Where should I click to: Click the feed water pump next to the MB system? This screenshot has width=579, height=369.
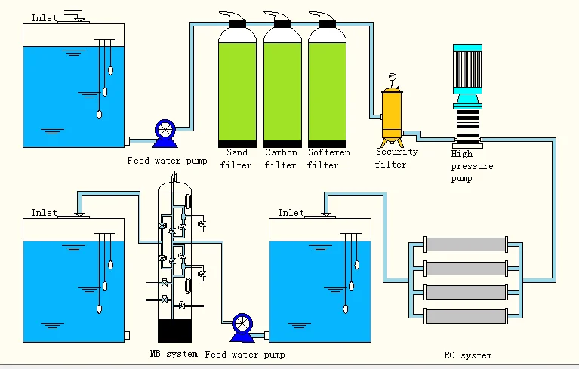(242, 324)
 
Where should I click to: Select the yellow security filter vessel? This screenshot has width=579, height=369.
(391, 114)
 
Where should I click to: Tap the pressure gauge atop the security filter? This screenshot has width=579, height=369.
(392, 77)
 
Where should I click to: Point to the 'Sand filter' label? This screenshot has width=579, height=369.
(236, 158)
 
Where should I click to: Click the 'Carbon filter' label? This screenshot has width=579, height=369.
(280, 158)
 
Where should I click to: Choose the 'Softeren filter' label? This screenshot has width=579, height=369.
(328, 158)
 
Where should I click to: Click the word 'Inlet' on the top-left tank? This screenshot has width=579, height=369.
(44, 17)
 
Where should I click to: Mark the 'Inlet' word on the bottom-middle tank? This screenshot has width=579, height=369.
(291, 213)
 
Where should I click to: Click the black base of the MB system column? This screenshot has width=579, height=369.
(175, 331)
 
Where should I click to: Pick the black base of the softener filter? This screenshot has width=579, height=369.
(328, 143)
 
